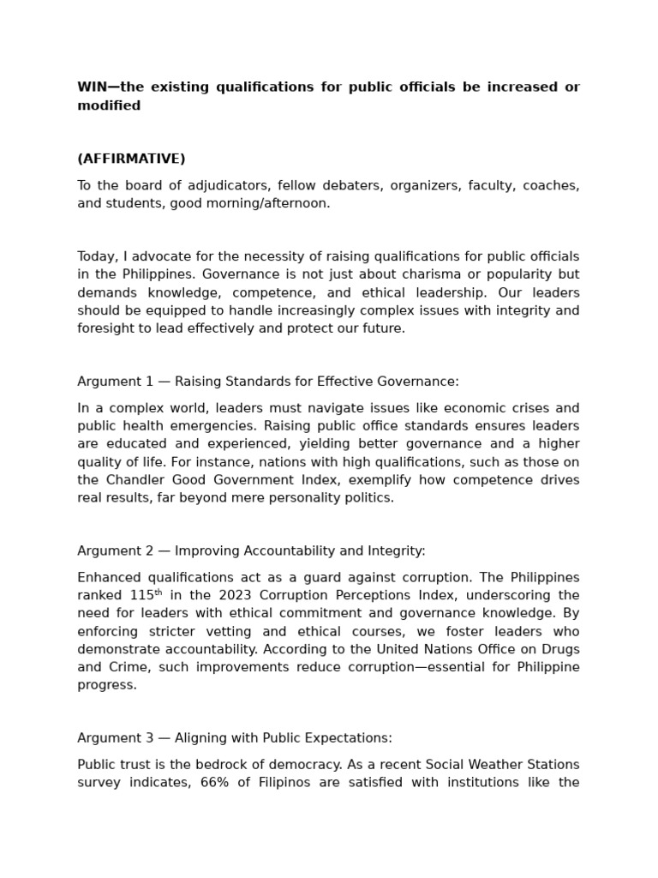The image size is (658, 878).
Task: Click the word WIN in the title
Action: [93, 87]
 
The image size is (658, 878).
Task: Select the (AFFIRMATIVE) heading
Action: [131, 159]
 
